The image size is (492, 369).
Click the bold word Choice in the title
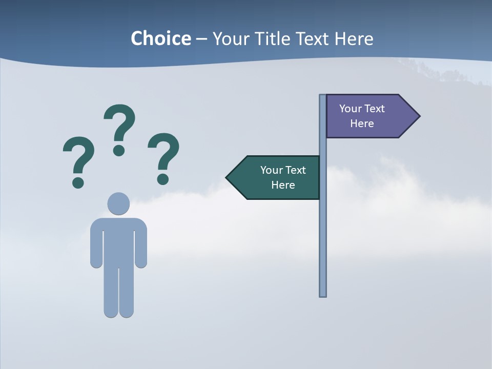click(160, 38)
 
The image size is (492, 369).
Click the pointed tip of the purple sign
click(418, 116)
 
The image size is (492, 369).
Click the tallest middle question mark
click(120, 123)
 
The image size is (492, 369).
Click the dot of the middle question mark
click(119, 150)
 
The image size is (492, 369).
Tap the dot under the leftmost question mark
click(78, 182)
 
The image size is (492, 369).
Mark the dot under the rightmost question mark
click(163, 178)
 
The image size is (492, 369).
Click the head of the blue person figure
click(118, 203)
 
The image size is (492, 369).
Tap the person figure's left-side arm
click(96, 243)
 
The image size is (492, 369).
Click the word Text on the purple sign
click(375, 109)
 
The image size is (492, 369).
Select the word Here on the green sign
click(283, 185)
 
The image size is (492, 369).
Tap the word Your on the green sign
click(271, 170)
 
